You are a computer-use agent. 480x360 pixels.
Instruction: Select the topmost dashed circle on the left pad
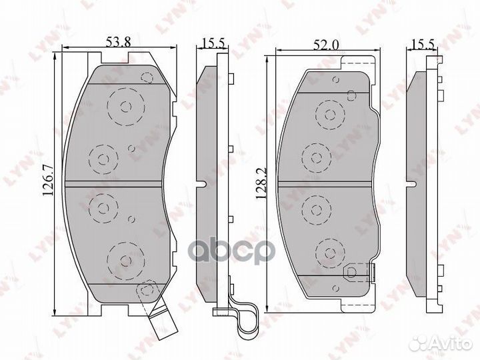pyautogui.click(x=126, y=107)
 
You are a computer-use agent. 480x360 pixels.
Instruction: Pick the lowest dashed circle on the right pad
pyautogui.click(x=329, y=251)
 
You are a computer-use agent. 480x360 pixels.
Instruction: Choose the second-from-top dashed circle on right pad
pyautogui.click(x=317, y=157)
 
